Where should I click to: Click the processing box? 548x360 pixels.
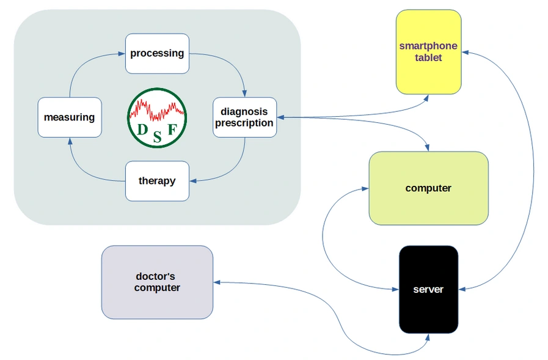pyautogui.click(x=157, y=53)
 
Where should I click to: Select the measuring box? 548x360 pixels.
pyautogui.click(x=69, y=117)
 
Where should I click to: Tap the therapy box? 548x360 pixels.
pyautogui.click(x=157, y=181)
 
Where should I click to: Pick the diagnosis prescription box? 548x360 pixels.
pyautogui.click(x=244, y=117)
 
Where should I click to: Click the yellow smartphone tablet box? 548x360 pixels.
pyautogui.click(x=428, y=52)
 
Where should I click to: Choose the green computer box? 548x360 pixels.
pyautogui.click(x=428, y=188)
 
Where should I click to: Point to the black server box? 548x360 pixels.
pyautogui.click(x=428, y=289)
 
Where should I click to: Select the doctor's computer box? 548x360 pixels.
pyautogui.click(x=157, y=282)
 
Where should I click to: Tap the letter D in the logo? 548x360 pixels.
pyautogui.click(x=142, y=130)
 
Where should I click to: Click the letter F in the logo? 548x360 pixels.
pyautogui.click(x=172, y=129)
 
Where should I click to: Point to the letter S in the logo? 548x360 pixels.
pyautogui.click(x=157, y=137)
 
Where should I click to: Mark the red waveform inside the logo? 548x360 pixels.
pyautogui.click(x=157, y=109)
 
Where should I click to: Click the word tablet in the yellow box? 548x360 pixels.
pyautogui.click(x=428, y=57)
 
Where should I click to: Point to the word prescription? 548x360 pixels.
pyautogui.click(x=244, y=123)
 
